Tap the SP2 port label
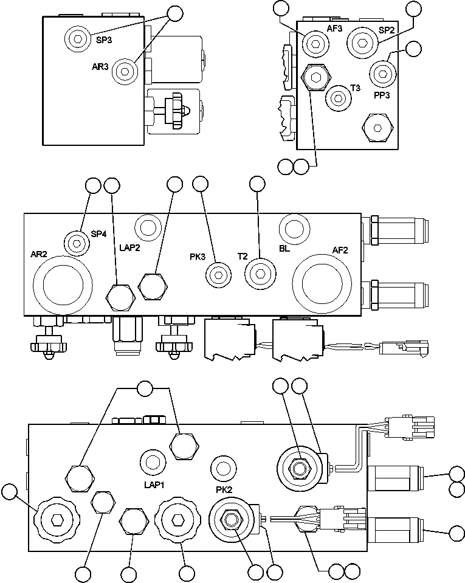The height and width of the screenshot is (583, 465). [387, 30]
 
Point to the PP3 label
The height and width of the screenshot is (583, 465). [383, 94]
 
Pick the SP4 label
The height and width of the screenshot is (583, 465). [99, 233]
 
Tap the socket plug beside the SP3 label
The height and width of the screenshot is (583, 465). [77, 39]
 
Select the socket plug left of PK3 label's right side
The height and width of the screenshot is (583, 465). [218, 275]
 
